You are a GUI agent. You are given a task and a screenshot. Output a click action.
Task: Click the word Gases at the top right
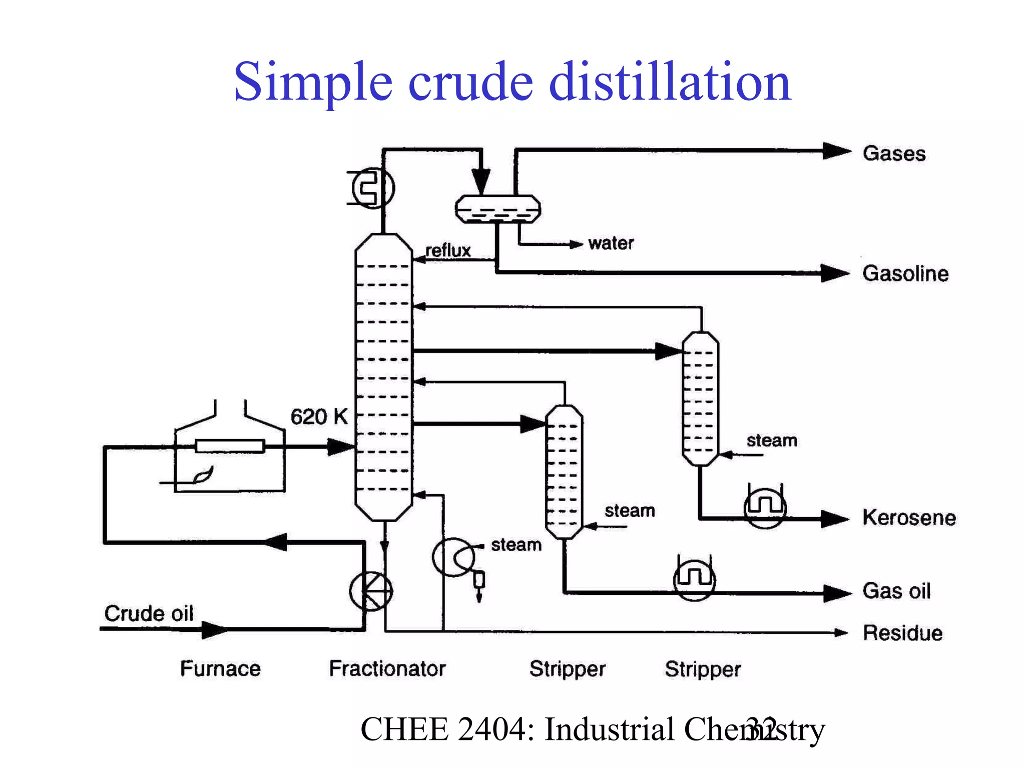tap(894, 153)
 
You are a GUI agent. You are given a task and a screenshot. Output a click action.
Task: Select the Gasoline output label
tap(905, 273)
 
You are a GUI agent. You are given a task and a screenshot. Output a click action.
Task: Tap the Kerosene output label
tap(909, 517)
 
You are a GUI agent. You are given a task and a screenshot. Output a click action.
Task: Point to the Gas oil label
tap(896, 591)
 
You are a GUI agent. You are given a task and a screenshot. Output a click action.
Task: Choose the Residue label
tap(902, 633)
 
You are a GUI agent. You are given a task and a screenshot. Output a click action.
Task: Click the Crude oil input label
tap(149, 613)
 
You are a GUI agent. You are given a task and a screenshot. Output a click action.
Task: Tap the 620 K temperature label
tap(319, 417)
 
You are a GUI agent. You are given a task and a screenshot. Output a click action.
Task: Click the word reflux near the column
tap(448, 250)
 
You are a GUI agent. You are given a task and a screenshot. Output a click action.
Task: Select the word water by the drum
tap(611, 243)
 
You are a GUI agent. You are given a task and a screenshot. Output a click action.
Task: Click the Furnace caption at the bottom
tap(220, 668)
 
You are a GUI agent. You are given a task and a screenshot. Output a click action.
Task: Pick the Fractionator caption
tap(387, 668)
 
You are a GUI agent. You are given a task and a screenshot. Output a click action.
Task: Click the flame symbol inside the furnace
tap(203, 475)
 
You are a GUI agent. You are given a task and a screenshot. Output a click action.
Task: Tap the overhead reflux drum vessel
tap(497, 209)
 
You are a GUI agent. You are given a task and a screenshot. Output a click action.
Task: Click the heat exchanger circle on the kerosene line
tap(765, 508)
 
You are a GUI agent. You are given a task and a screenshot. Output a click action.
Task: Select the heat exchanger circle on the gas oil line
tap(694, 580)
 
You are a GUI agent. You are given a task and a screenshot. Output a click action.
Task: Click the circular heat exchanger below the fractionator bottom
tap(371, 591)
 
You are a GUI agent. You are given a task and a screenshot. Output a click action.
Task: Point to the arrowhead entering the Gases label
tap(837, 151)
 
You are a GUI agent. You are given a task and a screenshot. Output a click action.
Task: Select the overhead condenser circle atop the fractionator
tap(373, 189)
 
